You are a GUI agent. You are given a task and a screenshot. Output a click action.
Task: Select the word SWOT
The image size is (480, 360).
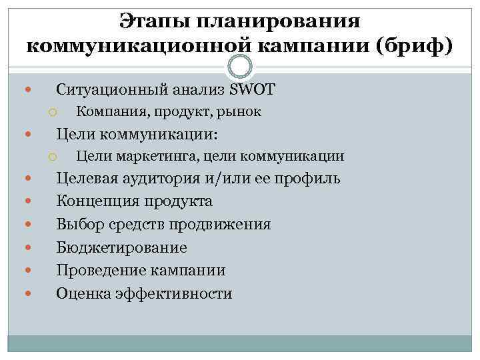click(x=252, y=89)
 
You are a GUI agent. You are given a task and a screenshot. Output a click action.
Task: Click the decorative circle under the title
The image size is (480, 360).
click(x=240, y=66)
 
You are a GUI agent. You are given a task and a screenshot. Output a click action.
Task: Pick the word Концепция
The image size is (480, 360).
click(x=97, y=201)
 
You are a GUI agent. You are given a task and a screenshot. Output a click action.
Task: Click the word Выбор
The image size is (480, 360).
click(x=77, y=224)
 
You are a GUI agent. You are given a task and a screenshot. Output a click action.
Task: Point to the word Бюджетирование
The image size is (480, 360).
click(x=121, y=248)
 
